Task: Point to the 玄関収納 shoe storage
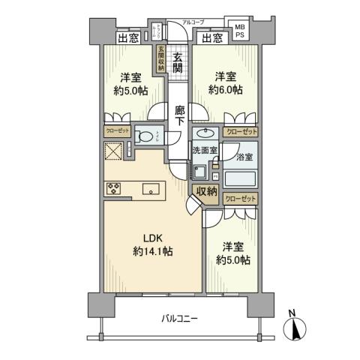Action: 160,59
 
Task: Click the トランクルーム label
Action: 159,30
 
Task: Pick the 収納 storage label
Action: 207,191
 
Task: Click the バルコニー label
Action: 178,319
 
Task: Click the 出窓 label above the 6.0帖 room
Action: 212,37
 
